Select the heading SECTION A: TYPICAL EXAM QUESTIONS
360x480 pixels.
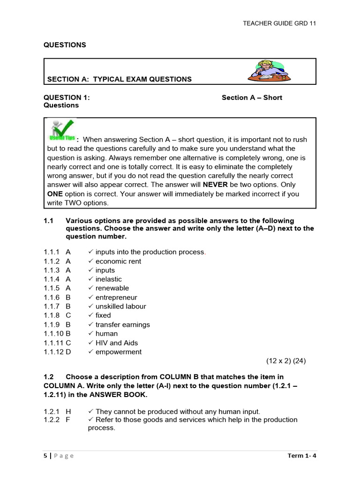(x=120, y=79)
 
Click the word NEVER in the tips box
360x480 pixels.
(x=215, y=185)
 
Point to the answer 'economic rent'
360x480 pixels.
(x=118, y=261)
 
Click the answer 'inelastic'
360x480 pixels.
(x=109, y=279)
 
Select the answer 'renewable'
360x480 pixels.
(x=112, y=288)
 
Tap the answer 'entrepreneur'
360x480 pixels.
(x=116, y=298)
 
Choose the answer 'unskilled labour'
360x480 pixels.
(x=120, y=307)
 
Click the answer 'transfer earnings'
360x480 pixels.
(x=123, y=325)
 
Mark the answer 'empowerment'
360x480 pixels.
(x=119, y=352)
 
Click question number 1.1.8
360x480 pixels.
(x=52, y=315)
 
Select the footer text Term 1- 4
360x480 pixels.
(x=302, y=456)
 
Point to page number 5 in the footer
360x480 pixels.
(x=45, y=456)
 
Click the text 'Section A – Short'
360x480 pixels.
(x=252, y=97)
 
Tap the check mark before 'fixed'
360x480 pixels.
(x=91, y=315)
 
